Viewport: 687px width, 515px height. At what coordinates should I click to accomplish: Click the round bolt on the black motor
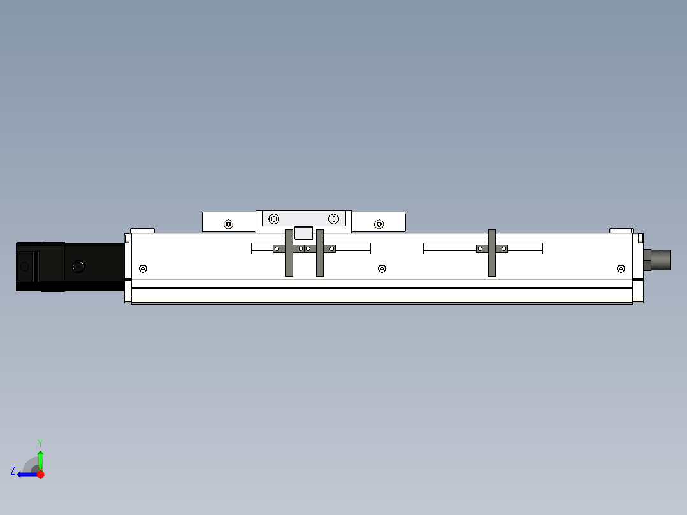tap(78, 267)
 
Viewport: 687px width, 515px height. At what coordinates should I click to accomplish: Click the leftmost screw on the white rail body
tap(143, 268)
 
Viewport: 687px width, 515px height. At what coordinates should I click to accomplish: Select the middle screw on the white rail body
tap(382, 268)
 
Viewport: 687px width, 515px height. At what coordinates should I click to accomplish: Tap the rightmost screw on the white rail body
tap(621, 268)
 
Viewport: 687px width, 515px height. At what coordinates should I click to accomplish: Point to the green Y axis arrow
tap(40, 460)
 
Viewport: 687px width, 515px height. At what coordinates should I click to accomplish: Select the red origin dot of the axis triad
tap(40, 474)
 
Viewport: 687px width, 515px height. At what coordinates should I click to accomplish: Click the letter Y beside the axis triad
tap(40, 442)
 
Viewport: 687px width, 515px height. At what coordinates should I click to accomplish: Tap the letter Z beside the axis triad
tap(13, 471)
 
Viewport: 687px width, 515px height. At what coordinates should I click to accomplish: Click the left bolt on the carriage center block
tap(273, 219)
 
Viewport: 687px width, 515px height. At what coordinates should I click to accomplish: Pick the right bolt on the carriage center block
tap(333, 219)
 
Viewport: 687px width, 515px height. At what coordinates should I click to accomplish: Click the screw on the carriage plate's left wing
tap(228, 224)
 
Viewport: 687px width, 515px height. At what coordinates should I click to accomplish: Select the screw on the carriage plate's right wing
tap(379, 224)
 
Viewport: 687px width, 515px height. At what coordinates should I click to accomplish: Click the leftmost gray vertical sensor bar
tap(289, 253)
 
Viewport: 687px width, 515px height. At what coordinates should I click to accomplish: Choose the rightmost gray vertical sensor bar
tap(491, 253)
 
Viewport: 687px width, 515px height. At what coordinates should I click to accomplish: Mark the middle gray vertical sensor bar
tap(320, 253)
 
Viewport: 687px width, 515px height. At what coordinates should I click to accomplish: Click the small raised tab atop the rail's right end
tap(621, 231)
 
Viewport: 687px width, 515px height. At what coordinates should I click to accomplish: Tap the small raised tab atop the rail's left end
tap(143, 231)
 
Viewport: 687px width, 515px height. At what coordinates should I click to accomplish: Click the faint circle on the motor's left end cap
tap(25, 267)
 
